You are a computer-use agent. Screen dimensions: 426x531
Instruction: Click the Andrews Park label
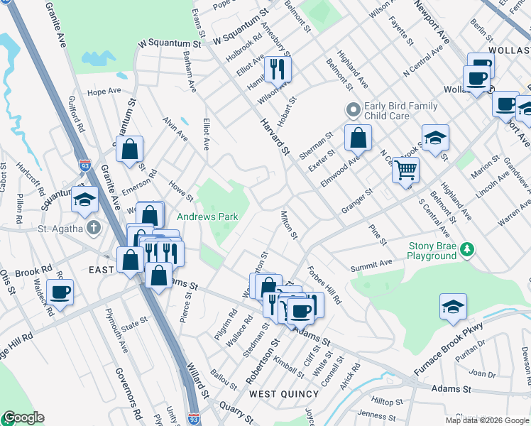[207, 217]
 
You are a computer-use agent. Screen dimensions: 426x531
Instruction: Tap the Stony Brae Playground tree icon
[467, 248]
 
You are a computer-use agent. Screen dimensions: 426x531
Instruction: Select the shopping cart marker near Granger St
[405, 170]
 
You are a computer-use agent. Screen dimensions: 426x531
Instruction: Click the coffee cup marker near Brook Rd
[60, 292]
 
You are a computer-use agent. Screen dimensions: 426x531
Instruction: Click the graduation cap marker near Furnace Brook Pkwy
[453, 307]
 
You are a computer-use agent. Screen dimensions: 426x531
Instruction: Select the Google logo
[23, 417]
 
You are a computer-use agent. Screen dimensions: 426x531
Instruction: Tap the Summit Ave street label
[371, 263]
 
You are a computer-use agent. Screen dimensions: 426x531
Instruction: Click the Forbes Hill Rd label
[324, 285]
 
